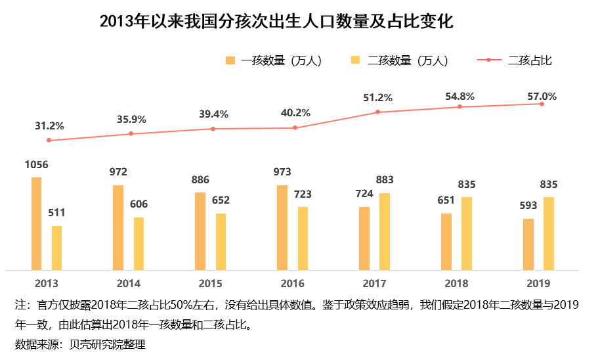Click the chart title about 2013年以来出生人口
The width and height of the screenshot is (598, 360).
[276, 22]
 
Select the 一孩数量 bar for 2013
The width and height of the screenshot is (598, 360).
[36, 223]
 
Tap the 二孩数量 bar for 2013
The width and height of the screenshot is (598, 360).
[57, 248]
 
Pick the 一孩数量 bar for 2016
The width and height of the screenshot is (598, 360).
[282, 227]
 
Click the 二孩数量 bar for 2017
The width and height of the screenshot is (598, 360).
[385, 231]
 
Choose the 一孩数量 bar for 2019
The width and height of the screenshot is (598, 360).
[528, 244]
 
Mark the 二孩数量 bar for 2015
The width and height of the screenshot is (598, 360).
[221, 241]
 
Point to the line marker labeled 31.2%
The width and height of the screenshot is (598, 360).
[49, 141]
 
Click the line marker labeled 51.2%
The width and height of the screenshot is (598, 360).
[378, 112]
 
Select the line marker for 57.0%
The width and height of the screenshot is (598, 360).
[542, 104]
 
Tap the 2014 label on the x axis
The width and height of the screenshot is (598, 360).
[129, 284]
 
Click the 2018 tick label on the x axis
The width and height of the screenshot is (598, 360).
[456, 284]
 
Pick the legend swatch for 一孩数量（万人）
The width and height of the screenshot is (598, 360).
[230, 60]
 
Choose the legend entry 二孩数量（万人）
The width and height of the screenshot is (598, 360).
[407, 60]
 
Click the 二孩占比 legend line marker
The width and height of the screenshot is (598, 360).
[488, 60]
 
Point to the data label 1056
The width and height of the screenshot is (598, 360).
[37, 165]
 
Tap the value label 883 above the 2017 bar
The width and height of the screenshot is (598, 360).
[385, 179]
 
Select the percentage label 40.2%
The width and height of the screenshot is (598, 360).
[295, 113]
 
